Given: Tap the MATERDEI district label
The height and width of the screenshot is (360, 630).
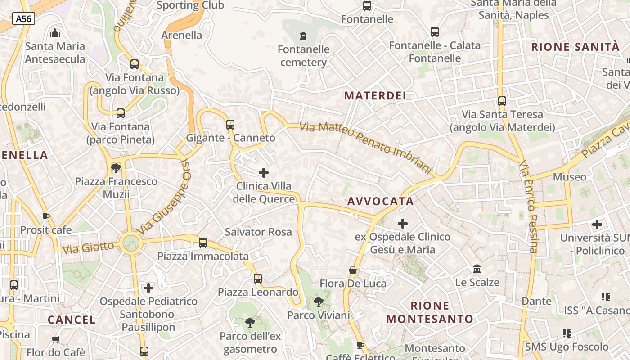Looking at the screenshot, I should (375, 96).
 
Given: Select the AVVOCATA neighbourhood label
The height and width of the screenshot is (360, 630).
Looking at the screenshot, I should (380, 201).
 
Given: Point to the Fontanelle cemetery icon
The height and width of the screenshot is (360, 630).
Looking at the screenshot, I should (303, 36).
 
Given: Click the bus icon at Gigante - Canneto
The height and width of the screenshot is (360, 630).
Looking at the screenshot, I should (230, 124).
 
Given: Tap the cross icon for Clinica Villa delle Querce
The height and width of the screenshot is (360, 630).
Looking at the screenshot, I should (264, 173).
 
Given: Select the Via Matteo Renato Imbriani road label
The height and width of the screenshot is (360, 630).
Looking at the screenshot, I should (365, 147).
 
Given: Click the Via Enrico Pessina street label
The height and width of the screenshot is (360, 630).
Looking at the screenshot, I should (528, 207).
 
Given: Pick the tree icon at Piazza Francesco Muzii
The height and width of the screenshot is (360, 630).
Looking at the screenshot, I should (116, 168).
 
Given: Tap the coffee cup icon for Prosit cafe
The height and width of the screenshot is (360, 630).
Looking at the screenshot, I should (45, 216).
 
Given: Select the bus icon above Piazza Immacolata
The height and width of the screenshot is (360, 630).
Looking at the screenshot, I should (203, 243).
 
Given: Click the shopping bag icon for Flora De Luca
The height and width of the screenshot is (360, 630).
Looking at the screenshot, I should (353, 270).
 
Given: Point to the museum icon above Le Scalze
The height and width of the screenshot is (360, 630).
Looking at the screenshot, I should (477, 269).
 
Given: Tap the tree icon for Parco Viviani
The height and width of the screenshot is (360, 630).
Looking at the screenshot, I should (318, 301).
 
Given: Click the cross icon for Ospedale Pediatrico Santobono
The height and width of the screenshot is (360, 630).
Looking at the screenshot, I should (148, 288).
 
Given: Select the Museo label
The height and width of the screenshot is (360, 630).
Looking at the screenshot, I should (569, 177).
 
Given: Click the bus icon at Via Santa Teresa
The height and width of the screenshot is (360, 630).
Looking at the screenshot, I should (502, 101).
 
